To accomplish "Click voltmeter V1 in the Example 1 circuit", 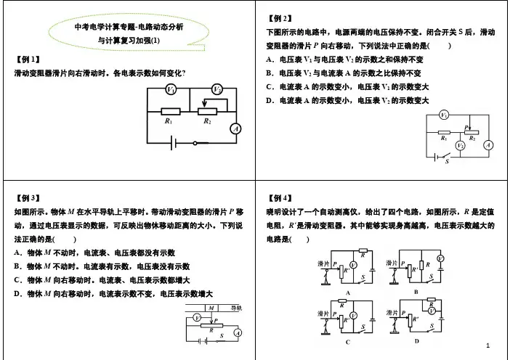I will click(169, 89).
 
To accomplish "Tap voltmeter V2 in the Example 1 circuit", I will click(216, 89).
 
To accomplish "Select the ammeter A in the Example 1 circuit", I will click(234, 128).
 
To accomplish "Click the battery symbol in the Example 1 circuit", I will click(175, 143).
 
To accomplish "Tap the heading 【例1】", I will click(28, 59).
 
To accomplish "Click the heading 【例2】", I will click(280, 17).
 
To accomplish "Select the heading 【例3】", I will click(28, 197).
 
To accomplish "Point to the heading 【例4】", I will click(280, 197).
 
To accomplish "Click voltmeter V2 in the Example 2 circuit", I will click(459, 145).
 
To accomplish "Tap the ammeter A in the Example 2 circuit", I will click(488, 145).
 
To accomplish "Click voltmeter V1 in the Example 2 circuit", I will click(444, 115).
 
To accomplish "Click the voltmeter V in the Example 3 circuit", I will click(196, 319).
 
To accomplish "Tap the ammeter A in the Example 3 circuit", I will click(237, 332).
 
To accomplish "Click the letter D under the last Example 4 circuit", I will click(416, 340).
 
